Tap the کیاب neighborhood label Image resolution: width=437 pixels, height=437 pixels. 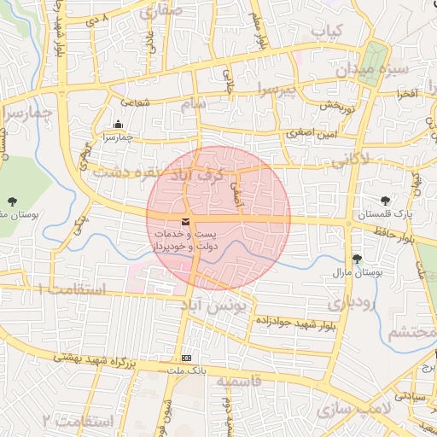(327, 31)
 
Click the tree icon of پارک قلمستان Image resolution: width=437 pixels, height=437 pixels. (385, 200)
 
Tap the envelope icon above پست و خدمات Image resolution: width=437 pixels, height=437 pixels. (186, 224)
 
